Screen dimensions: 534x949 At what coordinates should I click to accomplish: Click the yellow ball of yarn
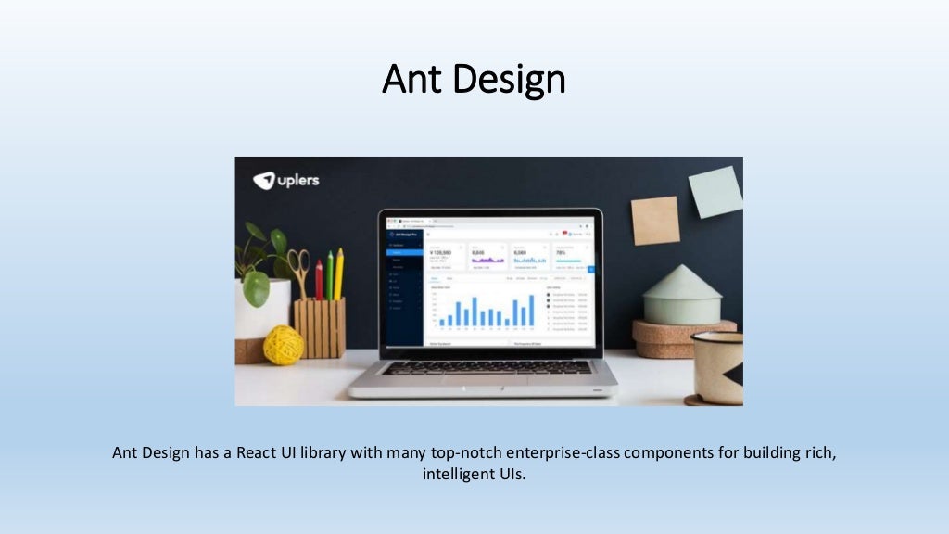[283, 345]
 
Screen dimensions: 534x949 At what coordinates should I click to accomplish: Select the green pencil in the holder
[329, 275]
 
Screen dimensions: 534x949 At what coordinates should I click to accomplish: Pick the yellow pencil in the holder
[339, 273]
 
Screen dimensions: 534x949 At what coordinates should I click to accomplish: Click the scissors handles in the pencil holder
[298, 261]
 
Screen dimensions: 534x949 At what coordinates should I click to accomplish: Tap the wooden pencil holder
[320, 326]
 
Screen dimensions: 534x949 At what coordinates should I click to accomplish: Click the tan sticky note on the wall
[655, 221]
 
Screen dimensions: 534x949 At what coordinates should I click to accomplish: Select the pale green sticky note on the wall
[715, 192]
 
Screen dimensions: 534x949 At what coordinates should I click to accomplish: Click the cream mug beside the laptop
[718, 366]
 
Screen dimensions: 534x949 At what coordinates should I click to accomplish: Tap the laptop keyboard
[487, 367]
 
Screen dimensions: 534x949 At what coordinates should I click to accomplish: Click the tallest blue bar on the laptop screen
[531, 310]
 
